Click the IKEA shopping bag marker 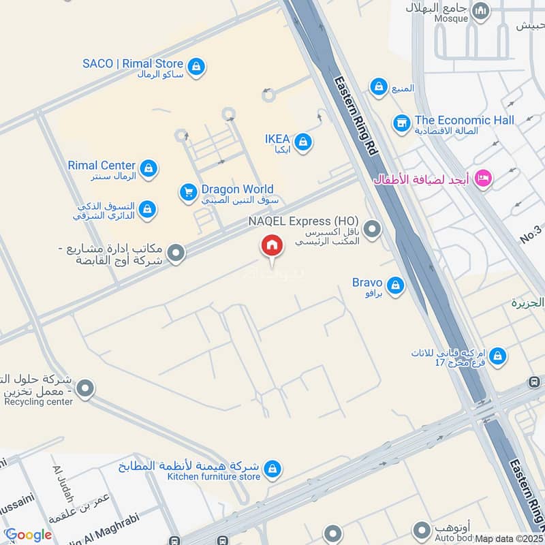pyautogui.click(x=304, y=142)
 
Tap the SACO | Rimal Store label pyautogui.click(x=133, y=64)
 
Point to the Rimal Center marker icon pyautogui.click(x=148, y=168)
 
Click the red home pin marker pyautogui.click(x=272, y=246)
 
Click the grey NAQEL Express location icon pyautogui.click(x=371, y=230)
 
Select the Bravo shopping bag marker pyautogui.click(x=394, y=285)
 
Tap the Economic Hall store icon pyautogui.click(x=401, y=123)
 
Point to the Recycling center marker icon pyautogui.click(x=84, y=389)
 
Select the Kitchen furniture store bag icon pyautogui.click(x=272, y=469)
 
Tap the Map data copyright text pyautogui.click(x=509, y=539)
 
